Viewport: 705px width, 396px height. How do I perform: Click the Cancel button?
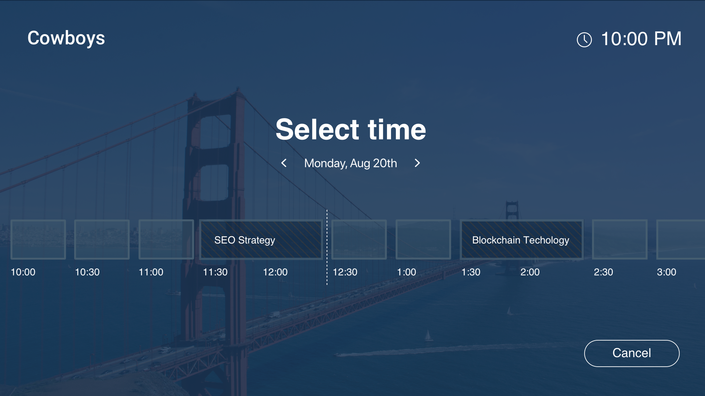tap(632, 353)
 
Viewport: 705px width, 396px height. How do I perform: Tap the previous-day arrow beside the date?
tap(284, 163)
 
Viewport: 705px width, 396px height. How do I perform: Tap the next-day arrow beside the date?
tap(417, 163)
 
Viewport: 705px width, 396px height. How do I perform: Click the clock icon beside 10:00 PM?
tap(584, 40)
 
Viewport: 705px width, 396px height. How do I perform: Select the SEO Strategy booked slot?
tap(261, 240)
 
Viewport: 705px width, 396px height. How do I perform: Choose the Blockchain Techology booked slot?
tap(521, 240)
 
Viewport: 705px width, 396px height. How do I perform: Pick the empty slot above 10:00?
tap(38, 240)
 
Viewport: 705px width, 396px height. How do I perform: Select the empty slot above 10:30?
tap(102, 240)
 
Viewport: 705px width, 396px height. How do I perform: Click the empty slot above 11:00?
tap(166, 240)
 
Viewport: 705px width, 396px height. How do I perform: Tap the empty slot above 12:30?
tap(359, 240)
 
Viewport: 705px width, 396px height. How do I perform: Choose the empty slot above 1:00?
tap(423, 240)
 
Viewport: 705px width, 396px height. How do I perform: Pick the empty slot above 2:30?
tap(620, 240)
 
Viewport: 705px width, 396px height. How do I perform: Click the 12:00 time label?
tap(275, 272)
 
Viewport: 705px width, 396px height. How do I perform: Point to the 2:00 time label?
tap(530, 272)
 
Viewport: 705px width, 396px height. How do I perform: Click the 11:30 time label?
tap(215, 272)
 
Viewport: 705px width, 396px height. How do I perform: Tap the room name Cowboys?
tap(66, 38)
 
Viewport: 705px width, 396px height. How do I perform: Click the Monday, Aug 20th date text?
tap(351, 163)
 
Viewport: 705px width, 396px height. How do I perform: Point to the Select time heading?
tap(351, 129)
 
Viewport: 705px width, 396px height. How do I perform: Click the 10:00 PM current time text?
tap(641, 39)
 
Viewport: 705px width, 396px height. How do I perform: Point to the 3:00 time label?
tap(666, 272)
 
